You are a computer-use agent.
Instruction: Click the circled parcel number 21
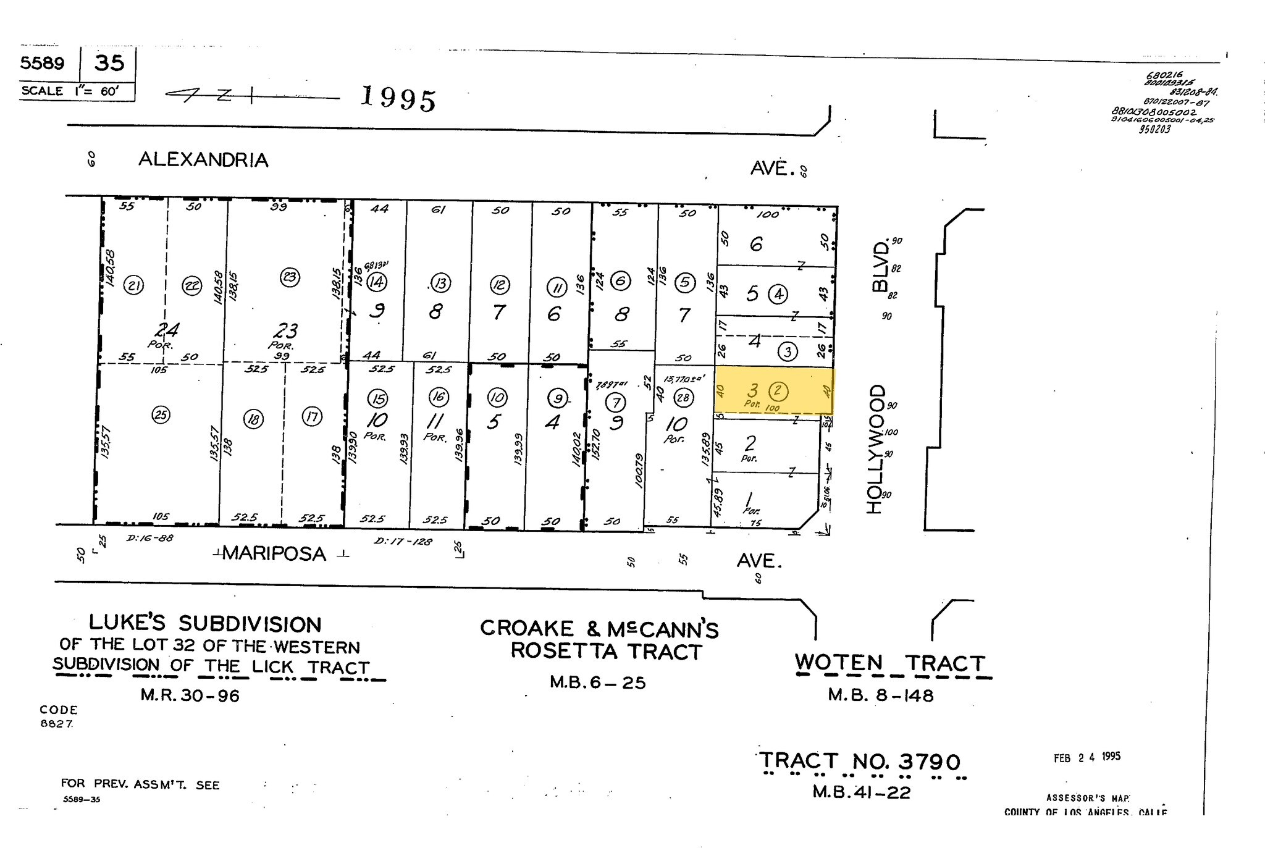click(x=133, y=285)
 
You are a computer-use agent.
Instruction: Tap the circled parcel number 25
click(x=161, y=414)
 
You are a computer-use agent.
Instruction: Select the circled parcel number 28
click(x=683, y=397)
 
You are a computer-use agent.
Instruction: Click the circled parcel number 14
click(x=377, y=282)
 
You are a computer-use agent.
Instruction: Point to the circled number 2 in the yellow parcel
click(x=778, y=390)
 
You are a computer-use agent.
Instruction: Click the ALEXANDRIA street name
click(x=203, y=160)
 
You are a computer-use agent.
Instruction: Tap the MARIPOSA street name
click(x=274, y=553)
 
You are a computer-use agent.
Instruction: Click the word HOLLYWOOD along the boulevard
click(x=875, y=449)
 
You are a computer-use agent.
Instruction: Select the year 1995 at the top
click(x=398, y=98)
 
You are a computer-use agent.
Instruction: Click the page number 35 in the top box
click(x=109, y=63)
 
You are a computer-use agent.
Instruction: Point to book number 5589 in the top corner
click(x=42, y=63)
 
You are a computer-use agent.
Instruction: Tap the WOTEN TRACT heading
click(x=889, y=663)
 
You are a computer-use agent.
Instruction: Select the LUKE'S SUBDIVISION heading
click(x=205, y=623)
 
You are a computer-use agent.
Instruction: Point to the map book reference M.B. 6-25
click(x=597, y=682)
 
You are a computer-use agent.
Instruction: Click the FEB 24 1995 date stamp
click(x=1086, y=757)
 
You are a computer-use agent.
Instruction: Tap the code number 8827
click(x=57, y=724)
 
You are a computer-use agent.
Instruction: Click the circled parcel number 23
click(x=290, y=277)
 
